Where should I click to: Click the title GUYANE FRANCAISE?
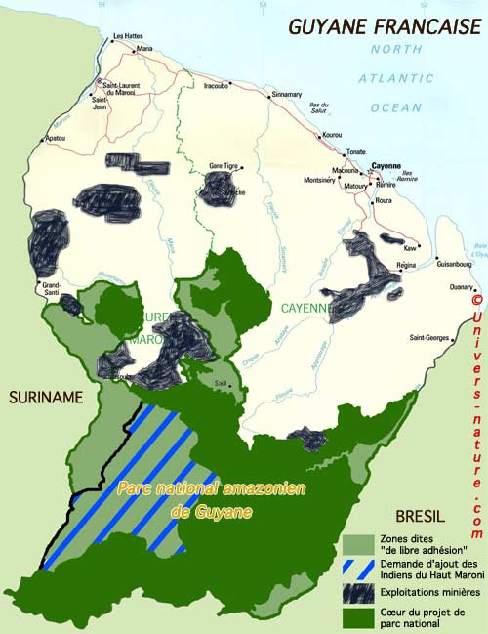tap(384, 26)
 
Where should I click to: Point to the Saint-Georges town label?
tap(428, 338)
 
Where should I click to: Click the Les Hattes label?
tap(128, 36)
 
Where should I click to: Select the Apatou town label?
tap(55, 138)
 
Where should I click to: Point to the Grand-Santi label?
tap(50, 288)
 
